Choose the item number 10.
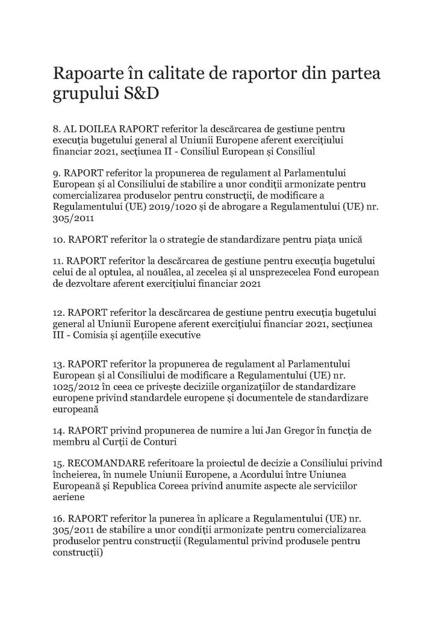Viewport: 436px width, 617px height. click(x=59, y=239)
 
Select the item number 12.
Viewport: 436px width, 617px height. click(x=59, y=313)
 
